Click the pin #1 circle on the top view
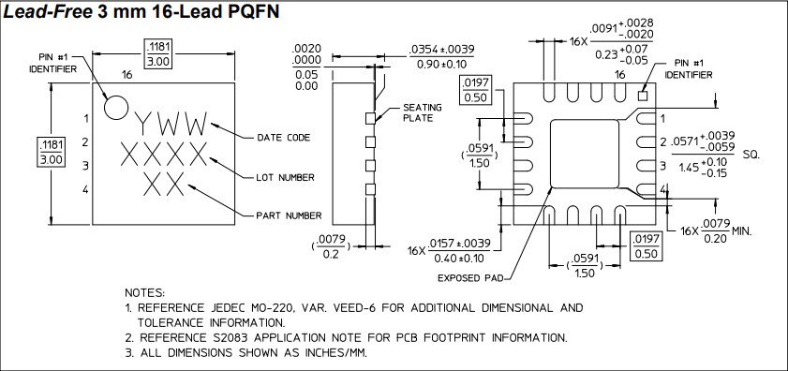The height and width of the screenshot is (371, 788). click(114, 107)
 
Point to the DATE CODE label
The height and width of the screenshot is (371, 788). click(283, 138)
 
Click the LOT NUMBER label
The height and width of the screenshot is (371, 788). click(285, 177)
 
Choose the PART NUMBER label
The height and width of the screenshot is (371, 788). click(290, 215)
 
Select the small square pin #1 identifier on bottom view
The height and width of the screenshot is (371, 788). click(643, 95)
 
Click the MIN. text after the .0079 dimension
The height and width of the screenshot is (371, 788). click(744, 230)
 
